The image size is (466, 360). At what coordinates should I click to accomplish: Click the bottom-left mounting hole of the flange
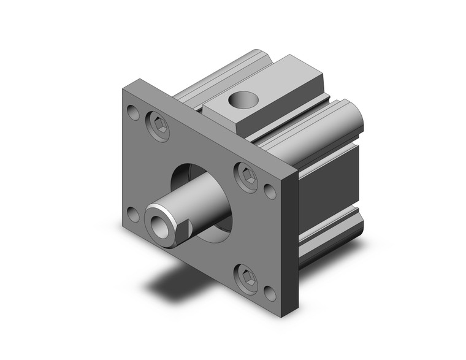(x=133, y=215)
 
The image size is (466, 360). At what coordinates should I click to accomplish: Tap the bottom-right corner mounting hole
(x=270, y=293)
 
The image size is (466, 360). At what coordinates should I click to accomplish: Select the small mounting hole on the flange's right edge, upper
(x=270, y=191)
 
